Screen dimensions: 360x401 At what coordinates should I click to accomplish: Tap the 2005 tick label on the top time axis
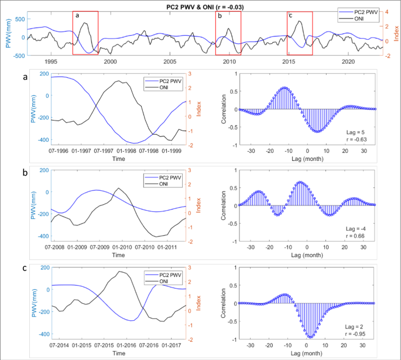click(x=170, y=61)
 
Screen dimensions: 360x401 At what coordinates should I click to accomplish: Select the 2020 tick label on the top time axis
click(x=348, y=61)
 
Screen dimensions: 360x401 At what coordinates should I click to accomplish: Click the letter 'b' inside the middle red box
click(x=220, y=16)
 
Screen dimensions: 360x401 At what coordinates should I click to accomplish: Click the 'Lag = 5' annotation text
click(x=361, y=134)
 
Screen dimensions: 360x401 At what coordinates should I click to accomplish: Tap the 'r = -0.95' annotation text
click(x=359, y=338)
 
